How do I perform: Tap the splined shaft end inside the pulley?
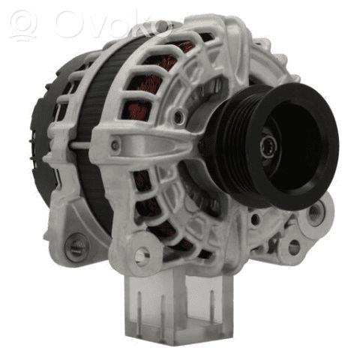coord(268,145)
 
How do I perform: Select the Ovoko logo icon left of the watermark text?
coord(24,25)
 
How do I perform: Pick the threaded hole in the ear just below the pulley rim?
coord(316,212)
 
